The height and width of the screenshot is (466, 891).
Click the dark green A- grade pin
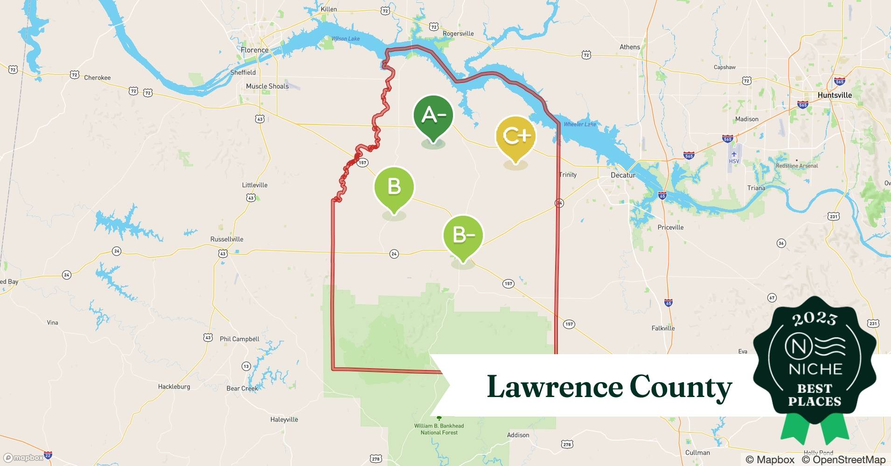click(x=433, y=116)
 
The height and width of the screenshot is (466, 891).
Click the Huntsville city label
click(x=835, y=95)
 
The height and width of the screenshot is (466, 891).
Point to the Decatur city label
click(x=623, y=175)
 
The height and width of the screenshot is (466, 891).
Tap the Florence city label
click(x=254, y=50)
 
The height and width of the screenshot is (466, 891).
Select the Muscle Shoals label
click(x=267, y=86)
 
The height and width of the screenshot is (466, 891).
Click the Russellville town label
click(x=227, y=239)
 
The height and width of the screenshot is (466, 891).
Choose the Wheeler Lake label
click(x=580, y=124)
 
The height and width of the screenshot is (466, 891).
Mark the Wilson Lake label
click(x=346, y=39)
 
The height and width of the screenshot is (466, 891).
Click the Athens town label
click(x=630, y=47)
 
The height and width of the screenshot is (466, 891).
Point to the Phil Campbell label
click(x=239, y=339)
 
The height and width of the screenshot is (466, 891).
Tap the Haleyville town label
click(x=284, y=419)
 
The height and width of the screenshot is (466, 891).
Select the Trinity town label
click(x=568, y=175)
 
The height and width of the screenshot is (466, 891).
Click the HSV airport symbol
click(x=734, y=155)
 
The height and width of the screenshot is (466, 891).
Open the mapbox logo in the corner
click(x=23, y=458)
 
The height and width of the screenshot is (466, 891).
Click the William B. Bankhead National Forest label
click(x=439, y=429)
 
